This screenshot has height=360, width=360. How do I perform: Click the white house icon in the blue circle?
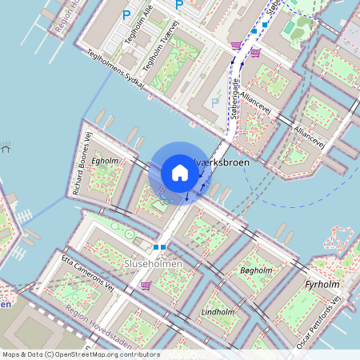179,172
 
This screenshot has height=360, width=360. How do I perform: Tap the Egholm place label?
105,161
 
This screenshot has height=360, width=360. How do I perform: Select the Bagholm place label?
256,271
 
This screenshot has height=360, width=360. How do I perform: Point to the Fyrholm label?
323,284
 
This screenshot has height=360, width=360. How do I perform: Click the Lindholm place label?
217,310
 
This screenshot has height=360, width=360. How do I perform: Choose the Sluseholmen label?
153,263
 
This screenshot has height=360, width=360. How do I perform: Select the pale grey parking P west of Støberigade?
214,102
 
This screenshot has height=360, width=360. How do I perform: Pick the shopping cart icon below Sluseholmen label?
145,285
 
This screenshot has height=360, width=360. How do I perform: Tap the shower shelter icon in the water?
6,148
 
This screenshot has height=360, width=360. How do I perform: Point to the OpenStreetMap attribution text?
81,354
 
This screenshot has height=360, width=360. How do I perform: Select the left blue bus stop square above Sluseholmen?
156,247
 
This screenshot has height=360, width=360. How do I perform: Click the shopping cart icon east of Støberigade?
254,53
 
